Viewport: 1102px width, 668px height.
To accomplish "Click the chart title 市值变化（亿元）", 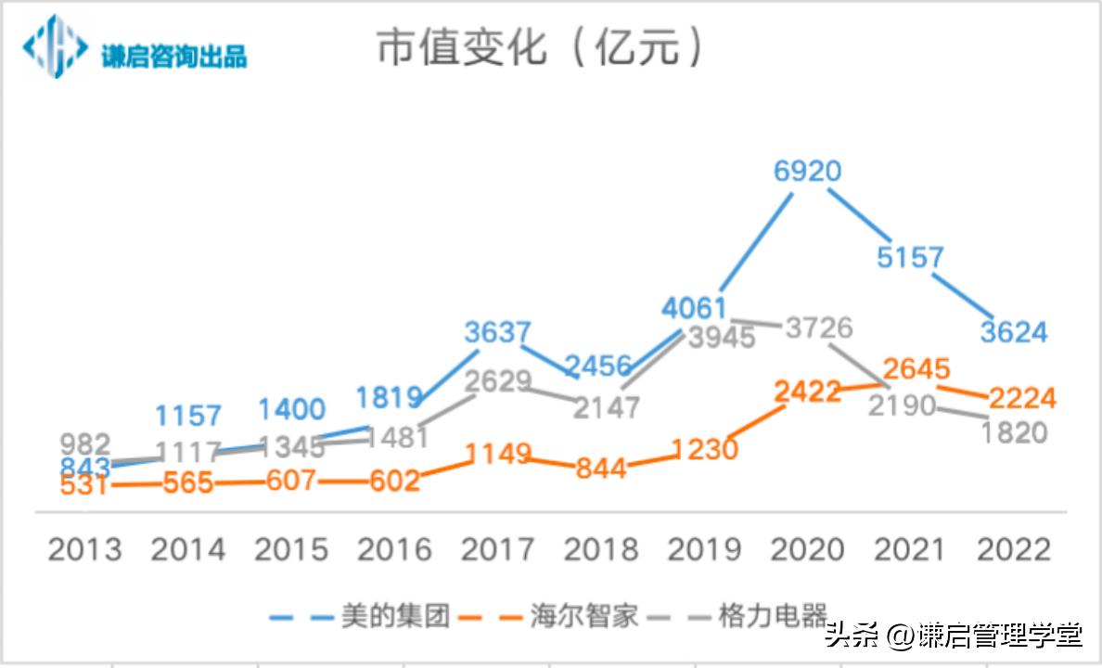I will (x=540, y=47).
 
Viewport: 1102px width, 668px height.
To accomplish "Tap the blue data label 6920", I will (x=807, y=172).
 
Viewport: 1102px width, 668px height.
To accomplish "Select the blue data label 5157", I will (x=910, y=257).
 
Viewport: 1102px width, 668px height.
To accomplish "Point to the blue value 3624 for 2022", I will (x=1013, y=331).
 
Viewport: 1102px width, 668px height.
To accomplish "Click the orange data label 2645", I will (x=916, y=369).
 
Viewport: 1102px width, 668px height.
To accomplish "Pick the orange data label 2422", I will (x=808, y=392).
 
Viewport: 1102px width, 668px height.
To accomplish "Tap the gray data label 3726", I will (x=818, y=328).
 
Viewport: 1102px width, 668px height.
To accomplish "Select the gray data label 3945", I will (x=722, y=338).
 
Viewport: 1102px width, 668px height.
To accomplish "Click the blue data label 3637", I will (x=497, y=331).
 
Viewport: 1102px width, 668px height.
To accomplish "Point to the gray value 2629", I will (x=497, y=381).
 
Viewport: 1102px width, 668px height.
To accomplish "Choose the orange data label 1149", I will (x=497, y=454).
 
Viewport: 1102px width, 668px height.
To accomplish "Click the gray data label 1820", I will (x=1013, y=432).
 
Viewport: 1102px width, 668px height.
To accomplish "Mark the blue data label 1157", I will (x=188, y=415).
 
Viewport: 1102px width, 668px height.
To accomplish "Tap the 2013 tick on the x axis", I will (x=84, y=549).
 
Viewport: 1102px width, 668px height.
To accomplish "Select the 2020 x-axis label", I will (x=807, y=549).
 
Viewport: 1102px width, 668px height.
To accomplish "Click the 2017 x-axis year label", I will (x=497, y=549).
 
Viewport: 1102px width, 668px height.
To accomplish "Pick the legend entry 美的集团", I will (x=394, y=616).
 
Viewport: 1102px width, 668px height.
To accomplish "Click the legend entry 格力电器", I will (x=772, y=616).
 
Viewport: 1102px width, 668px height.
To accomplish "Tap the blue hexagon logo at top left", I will (x=56, y=45).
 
